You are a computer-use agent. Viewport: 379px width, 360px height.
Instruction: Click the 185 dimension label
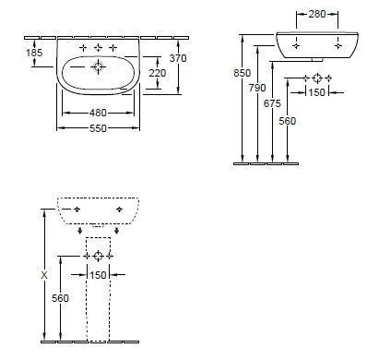coord(34,53)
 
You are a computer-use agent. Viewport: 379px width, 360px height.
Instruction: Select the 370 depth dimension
coord(178,58)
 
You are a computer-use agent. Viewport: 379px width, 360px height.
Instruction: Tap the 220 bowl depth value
coord(158,73)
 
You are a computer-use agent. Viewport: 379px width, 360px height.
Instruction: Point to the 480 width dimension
coord(98,113)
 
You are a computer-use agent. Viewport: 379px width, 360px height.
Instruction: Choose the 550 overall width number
coord(98,128)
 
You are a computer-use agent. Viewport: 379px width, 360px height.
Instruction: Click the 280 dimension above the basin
coord(317,14)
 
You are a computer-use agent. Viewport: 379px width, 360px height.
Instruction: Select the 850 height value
coord(243,73)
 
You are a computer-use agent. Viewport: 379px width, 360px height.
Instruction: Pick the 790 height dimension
coord(257,88)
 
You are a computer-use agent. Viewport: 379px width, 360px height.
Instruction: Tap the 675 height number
coord(272,103)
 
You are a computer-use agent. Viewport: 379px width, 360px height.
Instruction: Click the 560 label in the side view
coord(288,121)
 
